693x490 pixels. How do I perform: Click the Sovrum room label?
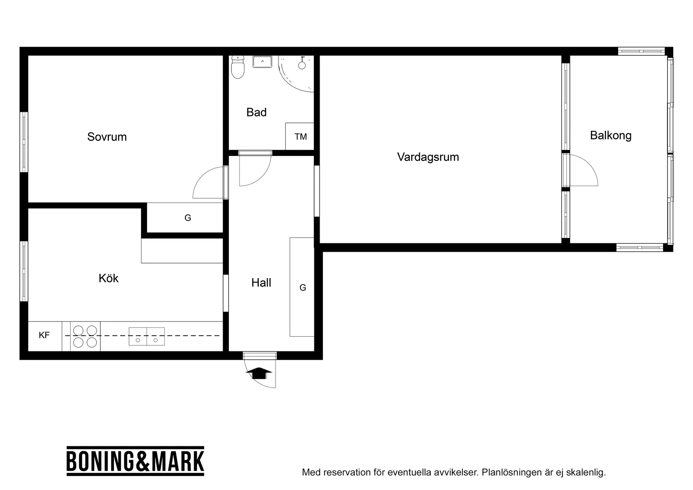click(x=107, y=137)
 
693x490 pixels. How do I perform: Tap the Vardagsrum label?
click(x=428, y=157)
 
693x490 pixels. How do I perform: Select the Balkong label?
click(x=610, y=135)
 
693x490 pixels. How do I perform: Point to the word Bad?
click(x=256, y=113)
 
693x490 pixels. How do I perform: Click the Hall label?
click(x=261, y=283)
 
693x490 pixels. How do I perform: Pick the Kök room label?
click(x=108, y=278)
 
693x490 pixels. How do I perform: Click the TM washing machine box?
click(x=300, y=137)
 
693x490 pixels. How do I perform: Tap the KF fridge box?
click(x=45, y=335)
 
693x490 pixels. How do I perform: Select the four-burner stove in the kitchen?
click(x=85, y=336)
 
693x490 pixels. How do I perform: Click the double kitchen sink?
click(x=147, y=336)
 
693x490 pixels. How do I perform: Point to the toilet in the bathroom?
click(x=238, y=68)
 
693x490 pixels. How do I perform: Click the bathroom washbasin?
click(x=262, y=62)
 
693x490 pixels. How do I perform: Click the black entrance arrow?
click(x=261, y=373)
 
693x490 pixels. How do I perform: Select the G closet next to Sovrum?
click(x=187, y=218)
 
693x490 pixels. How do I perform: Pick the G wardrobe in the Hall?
click(x=302, y=287)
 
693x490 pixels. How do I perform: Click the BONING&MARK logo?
click(x=135, y=461)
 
